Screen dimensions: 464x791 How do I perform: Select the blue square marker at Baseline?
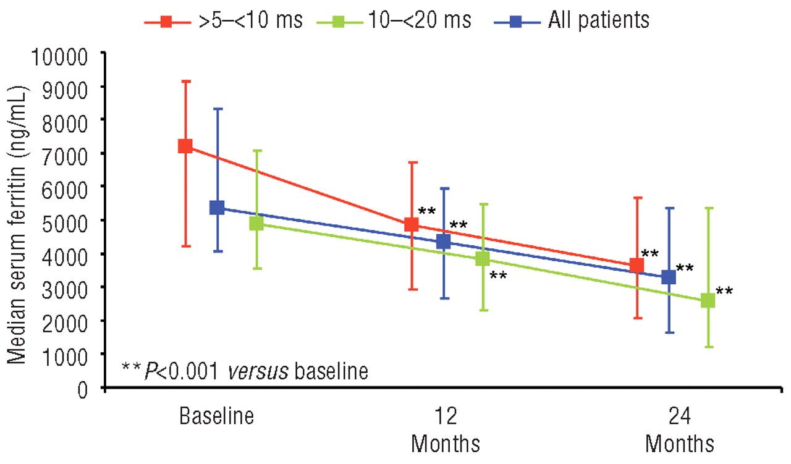[217, 208]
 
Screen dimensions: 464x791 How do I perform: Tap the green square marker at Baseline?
[256, 223]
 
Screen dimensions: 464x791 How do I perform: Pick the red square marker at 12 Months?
[412, 224]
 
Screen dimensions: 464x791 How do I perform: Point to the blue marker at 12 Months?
[444, 242]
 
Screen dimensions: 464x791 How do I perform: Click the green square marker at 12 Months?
[483, 259]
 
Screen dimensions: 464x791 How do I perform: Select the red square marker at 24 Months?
[637, 266]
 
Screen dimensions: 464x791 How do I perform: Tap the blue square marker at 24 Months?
[669, 277]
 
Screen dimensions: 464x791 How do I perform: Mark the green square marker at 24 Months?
[708, 301]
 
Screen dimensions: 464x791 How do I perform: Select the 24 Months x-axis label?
[680, 429]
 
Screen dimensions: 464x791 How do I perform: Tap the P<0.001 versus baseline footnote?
[245, 371]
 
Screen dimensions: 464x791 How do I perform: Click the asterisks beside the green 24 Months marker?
[724, 290]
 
